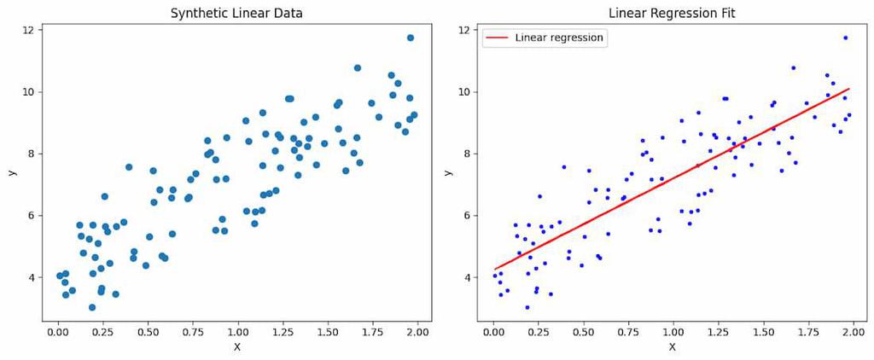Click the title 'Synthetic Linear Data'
point(236,14)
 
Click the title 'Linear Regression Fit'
point(671,14)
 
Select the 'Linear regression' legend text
point(559,38)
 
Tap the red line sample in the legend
point(498,38)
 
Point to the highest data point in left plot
point(411,38)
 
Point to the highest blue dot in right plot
point(846,38)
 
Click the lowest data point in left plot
point(92,307)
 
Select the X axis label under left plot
point(236,347)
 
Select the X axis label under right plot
point(672,347)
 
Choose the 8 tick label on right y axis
point(466,154)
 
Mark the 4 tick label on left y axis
point(31,277)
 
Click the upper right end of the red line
point(849,89)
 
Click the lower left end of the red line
point(494,270)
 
